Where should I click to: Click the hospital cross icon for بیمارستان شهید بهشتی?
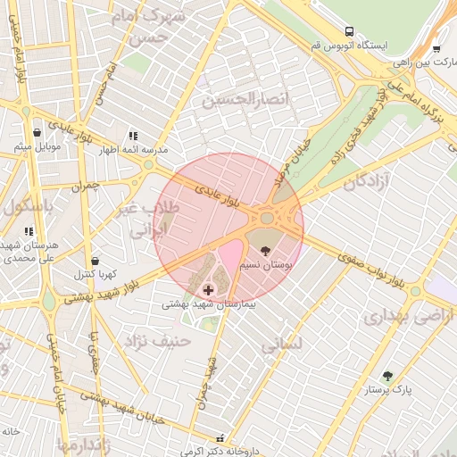[x=209, y=290]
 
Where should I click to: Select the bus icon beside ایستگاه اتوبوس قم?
[x=348, y=29]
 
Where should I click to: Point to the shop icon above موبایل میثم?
[x=37, y=132]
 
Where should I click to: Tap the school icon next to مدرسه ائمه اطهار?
[x=133, y=136]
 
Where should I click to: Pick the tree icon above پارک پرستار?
[x=386, y=376]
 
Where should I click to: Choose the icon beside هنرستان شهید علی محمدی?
[x=29, y=231]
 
